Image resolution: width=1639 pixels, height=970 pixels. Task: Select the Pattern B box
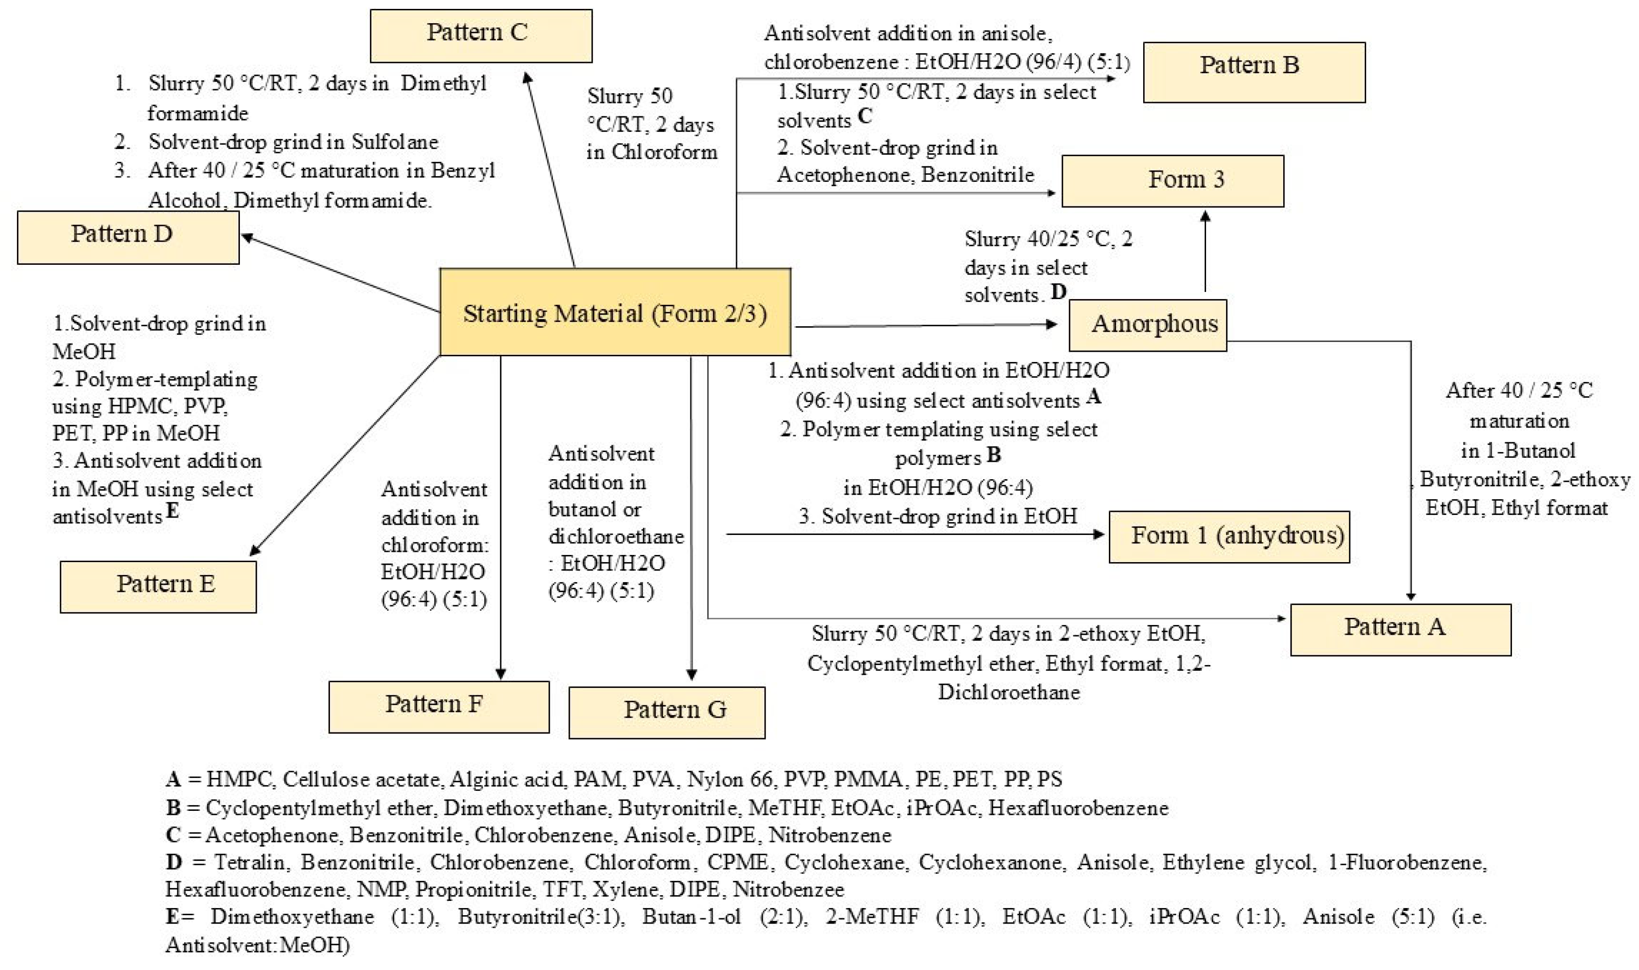(1253, 72)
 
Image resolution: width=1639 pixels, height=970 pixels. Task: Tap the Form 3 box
(1172, 181)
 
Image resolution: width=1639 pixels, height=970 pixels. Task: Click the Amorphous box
(1147, 325)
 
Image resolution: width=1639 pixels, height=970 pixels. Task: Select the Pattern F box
(439, 707)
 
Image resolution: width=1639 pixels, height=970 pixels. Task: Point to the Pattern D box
(128, 237)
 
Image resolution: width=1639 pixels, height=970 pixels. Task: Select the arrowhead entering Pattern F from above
(500, 674)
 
